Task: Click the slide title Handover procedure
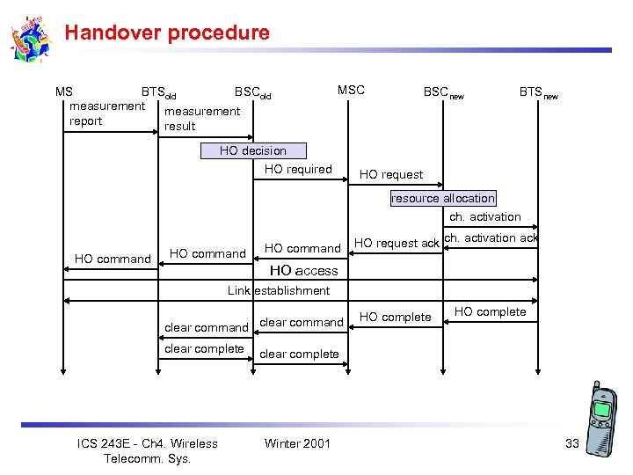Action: point(167,33)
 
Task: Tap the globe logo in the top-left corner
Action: point(32,40)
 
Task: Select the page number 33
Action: point(572,443)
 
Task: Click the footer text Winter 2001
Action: point(297,443)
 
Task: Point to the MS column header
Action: point(64,91)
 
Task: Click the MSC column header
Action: point(351,90)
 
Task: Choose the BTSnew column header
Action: point(538,91)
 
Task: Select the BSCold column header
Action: point(252,91)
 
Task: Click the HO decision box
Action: point(252,150)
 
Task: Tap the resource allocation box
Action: point(442,198)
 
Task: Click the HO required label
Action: point(298,169)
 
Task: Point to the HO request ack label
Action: point(396,243)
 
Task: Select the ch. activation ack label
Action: point(491,237)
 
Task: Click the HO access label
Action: point(303,271)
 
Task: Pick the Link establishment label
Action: point(279,290)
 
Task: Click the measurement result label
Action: point(201,119)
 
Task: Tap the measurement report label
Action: point(106,113)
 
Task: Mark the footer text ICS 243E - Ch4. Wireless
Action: point(147,443)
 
